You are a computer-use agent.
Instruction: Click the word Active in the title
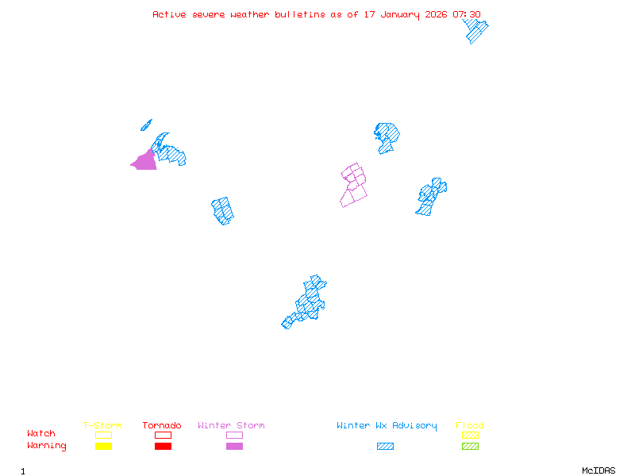pos(170,14)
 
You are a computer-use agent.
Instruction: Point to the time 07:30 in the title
pos(467,14)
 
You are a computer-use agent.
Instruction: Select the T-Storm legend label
pos(102,426)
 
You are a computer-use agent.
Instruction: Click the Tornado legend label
pos(162,426)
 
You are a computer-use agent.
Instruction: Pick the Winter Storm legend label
pos(231,426)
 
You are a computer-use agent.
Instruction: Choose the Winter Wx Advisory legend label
pos(387,426)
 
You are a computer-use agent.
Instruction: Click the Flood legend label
pos(470,426)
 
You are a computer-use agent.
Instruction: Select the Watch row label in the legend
pos(41,434)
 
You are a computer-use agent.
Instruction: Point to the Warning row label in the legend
pos(47,446)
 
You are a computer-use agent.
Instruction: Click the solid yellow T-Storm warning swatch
pos(103,447)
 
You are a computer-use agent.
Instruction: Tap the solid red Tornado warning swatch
pos(163,447)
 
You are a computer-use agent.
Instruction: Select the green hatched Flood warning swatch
pos(470,447)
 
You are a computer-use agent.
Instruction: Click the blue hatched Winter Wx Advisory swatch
pos(385,447)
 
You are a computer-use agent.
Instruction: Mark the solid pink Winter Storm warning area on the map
pos(145,161)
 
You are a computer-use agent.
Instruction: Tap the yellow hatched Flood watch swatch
pos(470,435)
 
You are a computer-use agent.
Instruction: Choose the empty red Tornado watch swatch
pos(163,435)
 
